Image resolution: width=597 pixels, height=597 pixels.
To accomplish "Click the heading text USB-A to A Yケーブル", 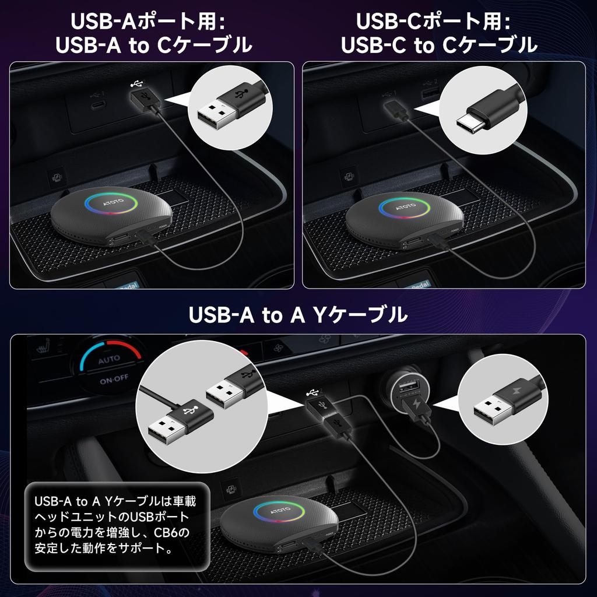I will [x=298, y=315].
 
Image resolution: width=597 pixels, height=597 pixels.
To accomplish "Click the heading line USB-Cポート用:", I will [x=433, y=22].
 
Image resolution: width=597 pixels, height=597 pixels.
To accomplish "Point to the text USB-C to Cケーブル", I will [x=439, y=45].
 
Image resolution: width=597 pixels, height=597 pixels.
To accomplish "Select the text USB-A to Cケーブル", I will [x=154, y=45].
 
